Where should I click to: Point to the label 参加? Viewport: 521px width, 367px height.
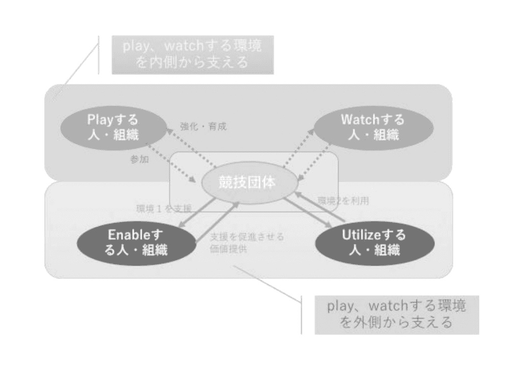click(x=139, y=159)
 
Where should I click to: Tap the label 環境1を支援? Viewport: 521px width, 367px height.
click(x=164, y=208)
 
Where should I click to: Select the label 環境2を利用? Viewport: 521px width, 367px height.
click(x=343, y=201)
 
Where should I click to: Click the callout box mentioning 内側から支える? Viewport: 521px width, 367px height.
click(x=193, y=54)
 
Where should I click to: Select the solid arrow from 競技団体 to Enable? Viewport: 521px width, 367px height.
click(x=193, y=214)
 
